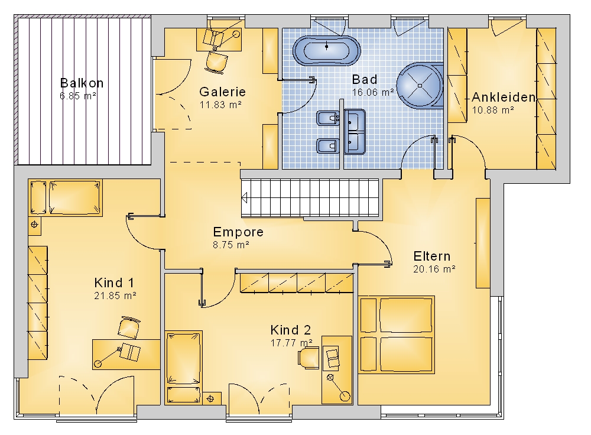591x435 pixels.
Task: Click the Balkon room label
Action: point(82,83)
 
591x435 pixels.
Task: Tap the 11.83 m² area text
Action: point(220,105)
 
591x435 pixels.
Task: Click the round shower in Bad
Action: point(420,85)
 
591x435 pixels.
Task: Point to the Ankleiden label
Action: point(504,98)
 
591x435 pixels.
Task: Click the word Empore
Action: point(238,232)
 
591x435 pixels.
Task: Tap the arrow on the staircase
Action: point(245,197)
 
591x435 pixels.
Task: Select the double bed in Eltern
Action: point(397,335)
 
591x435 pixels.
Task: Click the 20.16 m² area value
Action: point(434,269)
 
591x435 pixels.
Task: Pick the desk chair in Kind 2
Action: point(309,356)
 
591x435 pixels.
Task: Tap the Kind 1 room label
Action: point(114,283)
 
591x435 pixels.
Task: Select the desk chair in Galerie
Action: point(217,62)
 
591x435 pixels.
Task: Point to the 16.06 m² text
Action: point(373,92)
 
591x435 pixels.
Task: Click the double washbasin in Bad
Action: point(354,132)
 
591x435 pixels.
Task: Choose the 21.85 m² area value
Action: point(115,296)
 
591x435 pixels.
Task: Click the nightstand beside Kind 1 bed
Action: point(34,225)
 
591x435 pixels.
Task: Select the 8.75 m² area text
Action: point(231,245)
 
